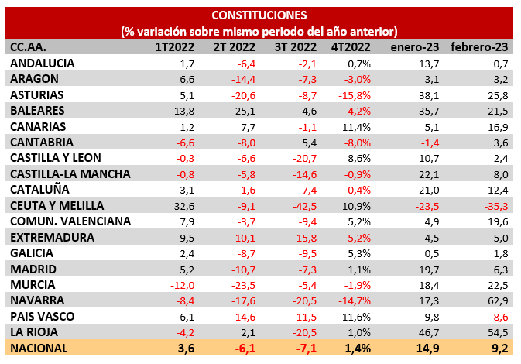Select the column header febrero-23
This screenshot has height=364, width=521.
pyautogui.click(x=479, y=47)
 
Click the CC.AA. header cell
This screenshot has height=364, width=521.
pyautogui.click(x=28, y=47)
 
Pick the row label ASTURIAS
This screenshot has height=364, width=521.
pyautogui.click(x=37, y=95)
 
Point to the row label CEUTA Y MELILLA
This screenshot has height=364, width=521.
pyautogui.click(x=57, y=205)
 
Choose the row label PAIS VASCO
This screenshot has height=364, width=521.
pyautogui.click(x=43, y=316)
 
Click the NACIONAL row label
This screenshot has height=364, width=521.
pyautogui.click(x=39, y=348)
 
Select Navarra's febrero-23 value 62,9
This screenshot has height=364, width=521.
pyautogui.click(x=495, y=300)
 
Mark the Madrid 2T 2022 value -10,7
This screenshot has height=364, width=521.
pyautogui.click(x=242, y=269)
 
